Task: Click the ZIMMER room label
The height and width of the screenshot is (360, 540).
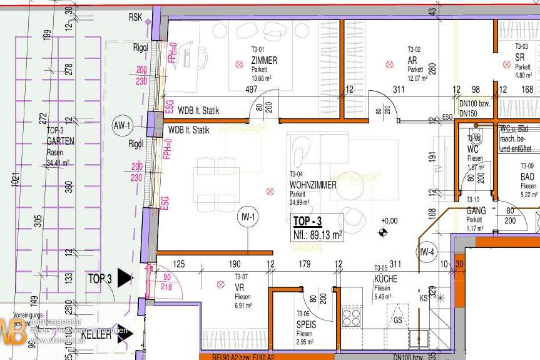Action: [x=263, y=61]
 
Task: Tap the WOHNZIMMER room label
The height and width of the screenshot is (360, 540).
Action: [x=313, y=185]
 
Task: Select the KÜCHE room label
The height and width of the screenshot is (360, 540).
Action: [x=386, y=279]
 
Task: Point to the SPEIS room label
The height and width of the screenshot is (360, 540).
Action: [x=306, y=326]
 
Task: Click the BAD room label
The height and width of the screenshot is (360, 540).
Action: [x=527, y=177]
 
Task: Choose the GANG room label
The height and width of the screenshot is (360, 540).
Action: [x=476, y=211]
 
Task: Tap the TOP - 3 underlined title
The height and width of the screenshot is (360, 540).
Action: [x=307, y=221]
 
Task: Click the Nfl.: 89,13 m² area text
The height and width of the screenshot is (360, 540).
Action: [x=318, y=235]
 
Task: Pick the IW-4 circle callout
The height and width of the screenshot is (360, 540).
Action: [x=427, y=252]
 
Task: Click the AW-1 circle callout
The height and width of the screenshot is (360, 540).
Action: [x=122, y=126]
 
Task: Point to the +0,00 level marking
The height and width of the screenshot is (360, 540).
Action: [x=389, y=221]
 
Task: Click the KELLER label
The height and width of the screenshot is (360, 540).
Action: [x=96, y=336]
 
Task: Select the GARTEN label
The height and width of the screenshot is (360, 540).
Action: [x=60, y=141]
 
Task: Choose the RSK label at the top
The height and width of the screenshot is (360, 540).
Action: [x=135, y=17]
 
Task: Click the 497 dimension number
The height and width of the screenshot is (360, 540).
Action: [x=251, y=90]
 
